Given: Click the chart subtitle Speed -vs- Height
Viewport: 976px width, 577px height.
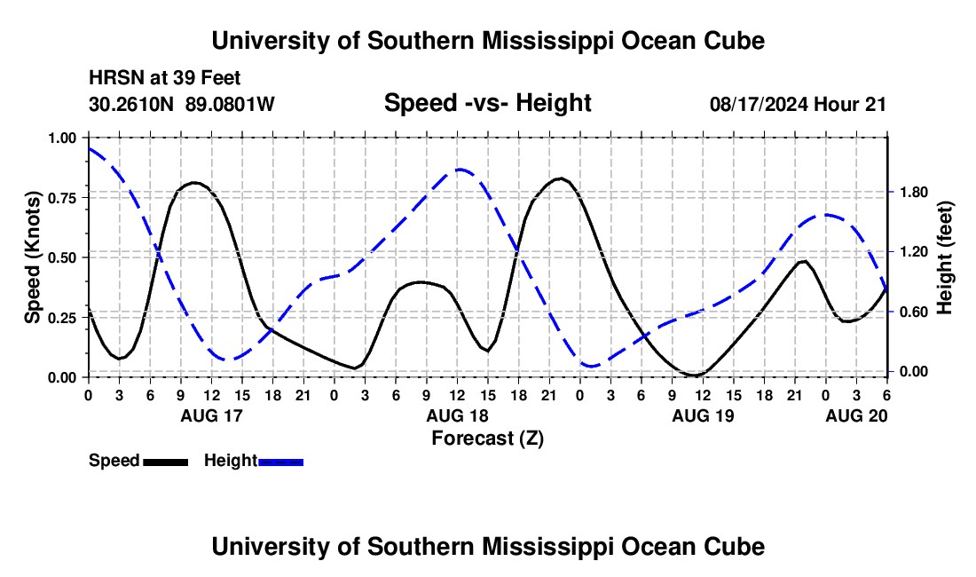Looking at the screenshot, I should (x=487, y=103).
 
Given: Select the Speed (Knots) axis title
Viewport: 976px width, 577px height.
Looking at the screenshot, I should (x=33, y=257).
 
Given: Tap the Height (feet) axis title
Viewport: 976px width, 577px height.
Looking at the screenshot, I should (x=945, y=257).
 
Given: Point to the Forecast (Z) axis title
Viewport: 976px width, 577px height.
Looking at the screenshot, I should (x=487, y=438).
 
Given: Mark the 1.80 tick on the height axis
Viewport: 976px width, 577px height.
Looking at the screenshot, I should (x=911, y=193).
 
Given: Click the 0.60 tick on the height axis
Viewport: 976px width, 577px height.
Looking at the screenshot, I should (x=911, y=312).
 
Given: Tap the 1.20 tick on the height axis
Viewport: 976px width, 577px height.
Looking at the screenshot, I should (x=911, y=252).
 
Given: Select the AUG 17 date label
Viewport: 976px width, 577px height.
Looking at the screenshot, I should (x=211, y=415).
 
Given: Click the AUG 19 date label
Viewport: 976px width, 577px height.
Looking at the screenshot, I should (x=703, y=415).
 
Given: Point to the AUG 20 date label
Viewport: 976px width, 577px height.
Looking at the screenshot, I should (x=856, y=415).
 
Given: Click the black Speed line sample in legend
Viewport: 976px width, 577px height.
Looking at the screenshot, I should (x=165, y=462).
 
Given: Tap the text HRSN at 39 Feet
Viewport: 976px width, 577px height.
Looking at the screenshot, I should (x=165, y=79).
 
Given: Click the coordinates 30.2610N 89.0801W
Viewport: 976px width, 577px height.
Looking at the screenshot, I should (x=182, y=104).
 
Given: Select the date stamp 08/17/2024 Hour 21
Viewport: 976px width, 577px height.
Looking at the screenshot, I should (x=798, y=104).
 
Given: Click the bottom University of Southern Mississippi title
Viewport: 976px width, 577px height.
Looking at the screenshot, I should (x=487, y=547).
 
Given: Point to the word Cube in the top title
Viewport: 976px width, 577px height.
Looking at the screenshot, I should (x=734, y=41).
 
